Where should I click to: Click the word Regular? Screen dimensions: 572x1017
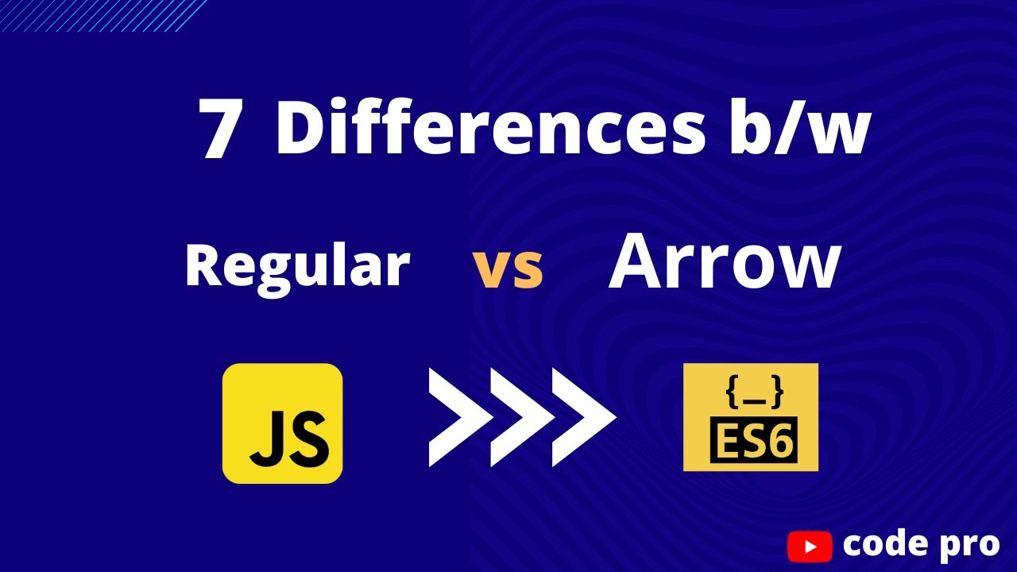click(x=296, y=266)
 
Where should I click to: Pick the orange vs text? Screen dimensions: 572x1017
click(x=508, y=270)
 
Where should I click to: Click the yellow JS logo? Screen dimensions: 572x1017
click(x=282, y=423)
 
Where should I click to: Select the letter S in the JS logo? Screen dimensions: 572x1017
click(x=308, y=439)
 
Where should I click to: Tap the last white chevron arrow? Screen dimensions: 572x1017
click(x=582, y=417)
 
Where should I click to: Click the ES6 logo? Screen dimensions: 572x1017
click(x=750, y=417)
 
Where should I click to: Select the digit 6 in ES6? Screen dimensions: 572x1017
click(x=779, y=441)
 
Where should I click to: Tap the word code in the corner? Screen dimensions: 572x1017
click(x=882, y=544)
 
